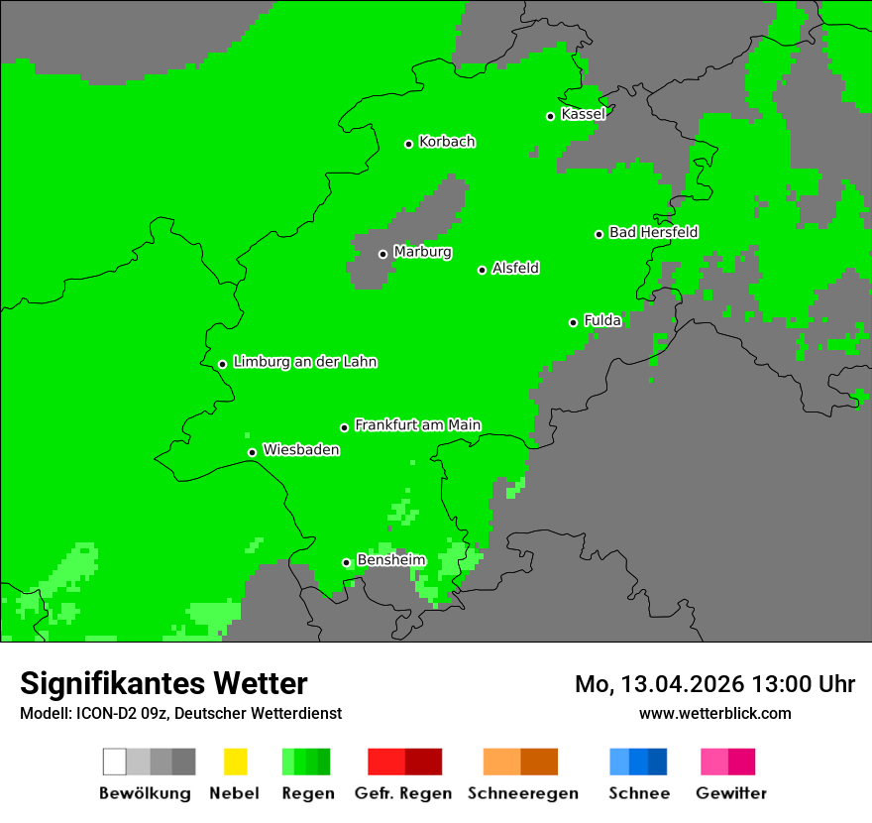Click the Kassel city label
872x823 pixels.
583,114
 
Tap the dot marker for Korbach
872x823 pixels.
408,144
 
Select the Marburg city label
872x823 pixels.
422,252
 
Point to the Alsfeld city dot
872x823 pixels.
482,270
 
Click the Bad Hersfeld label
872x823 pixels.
653,232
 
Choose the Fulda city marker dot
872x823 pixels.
573,322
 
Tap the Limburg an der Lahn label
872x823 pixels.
304,362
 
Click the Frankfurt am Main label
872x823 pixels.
417,425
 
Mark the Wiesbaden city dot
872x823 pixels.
252,452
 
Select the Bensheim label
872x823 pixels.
390,560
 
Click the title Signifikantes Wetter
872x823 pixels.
163,684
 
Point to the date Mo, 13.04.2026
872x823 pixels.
660,684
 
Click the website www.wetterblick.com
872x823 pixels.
714,714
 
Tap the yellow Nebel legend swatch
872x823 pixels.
235,762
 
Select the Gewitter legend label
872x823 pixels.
731,793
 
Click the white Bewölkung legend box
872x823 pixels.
115,762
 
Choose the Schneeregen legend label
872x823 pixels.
523,793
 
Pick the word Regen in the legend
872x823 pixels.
306,793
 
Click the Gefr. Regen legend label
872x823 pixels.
403,793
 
